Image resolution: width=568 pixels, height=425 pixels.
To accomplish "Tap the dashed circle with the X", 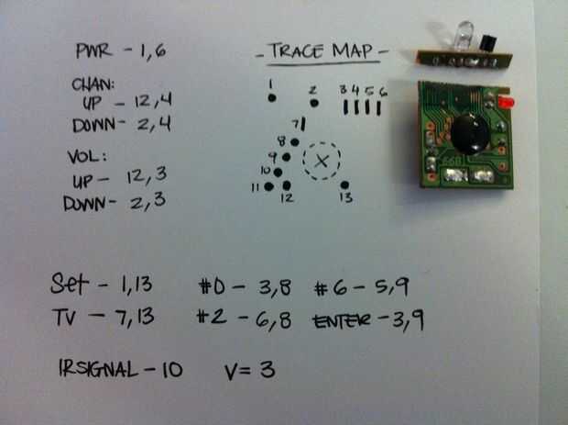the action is pyautogui.click(x=321, y=162).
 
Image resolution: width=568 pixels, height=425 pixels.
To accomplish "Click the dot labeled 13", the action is pyautogui.click(x=344, y=182).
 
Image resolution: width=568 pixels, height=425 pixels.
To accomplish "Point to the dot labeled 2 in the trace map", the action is pyautogui.click(x=314, y=103).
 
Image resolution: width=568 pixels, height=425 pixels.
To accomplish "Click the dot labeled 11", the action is pyautogui.click(x=269, y=187).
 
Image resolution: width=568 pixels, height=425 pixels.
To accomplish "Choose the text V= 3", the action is pyautogui.click(x=250, y=372).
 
